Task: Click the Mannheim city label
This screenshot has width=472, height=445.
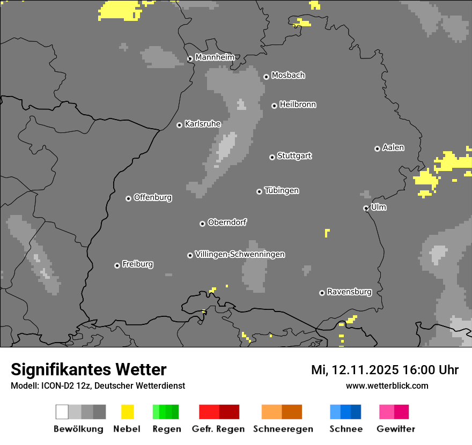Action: point(215,57)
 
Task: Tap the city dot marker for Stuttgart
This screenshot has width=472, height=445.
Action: point(272,157)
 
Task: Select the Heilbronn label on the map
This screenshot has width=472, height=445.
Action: point(298,105)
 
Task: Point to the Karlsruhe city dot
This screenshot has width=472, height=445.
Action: point(180,125)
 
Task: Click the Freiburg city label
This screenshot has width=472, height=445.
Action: point(137,264)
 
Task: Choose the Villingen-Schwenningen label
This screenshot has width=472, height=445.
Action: point(240,255)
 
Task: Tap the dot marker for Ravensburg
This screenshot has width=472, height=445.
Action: point(322,293)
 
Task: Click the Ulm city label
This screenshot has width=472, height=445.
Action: point(379,207)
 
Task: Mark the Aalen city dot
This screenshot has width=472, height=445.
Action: point(377,149)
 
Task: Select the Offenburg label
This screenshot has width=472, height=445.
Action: point(153,197)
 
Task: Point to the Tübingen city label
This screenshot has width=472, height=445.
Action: point(282,191)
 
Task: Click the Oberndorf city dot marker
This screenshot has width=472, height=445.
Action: point(202,224)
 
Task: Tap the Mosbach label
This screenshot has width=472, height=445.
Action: point(288,76)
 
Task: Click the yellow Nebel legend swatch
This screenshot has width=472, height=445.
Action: point(127,412)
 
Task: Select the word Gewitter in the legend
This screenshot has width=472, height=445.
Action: point(396,429)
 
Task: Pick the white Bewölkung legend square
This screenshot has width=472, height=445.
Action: point(62,412)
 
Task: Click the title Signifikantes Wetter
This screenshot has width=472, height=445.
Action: point(88,369)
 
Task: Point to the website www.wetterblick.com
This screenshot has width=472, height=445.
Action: point(387,386)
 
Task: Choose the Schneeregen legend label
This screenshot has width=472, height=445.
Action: point(283,429)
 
